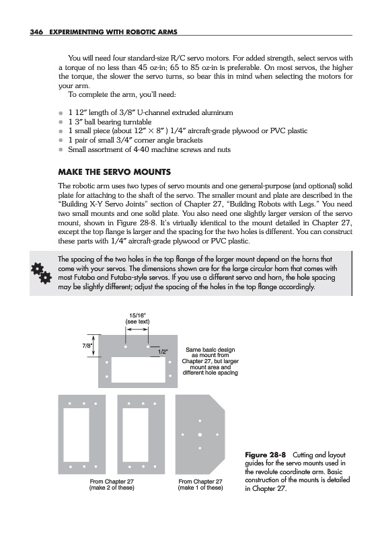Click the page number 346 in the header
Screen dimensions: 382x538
(36, 32)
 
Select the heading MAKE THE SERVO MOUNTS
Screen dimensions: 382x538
(114, 172)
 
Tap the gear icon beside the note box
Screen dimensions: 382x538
(41, 273)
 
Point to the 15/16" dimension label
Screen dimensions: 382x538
(137, 315)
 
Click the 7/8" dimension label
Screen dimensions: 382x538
(87, 346)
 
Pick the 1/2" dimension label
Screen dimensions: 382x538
(163, 352)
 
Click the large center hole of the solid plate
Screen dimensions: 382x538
(200, 434)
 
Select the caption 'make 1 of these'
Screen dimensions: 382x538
(200, 488)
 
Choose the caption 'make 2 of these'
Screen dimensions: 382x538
(112, 488)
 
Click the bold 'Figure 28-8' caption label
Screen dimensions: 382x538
(265, 455)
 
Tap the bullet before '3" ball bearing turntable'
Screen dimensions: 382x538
(61, 122)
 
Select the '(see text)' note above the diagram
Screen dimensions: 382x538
(137, 321)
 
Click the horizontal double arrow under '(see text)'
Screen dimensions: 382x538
(137, 330)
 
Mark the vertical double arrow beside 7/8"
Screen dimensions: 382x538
(94, 346)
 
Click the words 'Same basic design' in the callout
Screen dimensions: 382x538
(210, 350)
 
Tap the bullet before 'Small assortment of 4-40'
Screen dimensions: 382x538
(61, 149)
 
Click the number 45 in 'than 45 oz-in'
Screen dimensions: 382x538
(143, 67)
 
